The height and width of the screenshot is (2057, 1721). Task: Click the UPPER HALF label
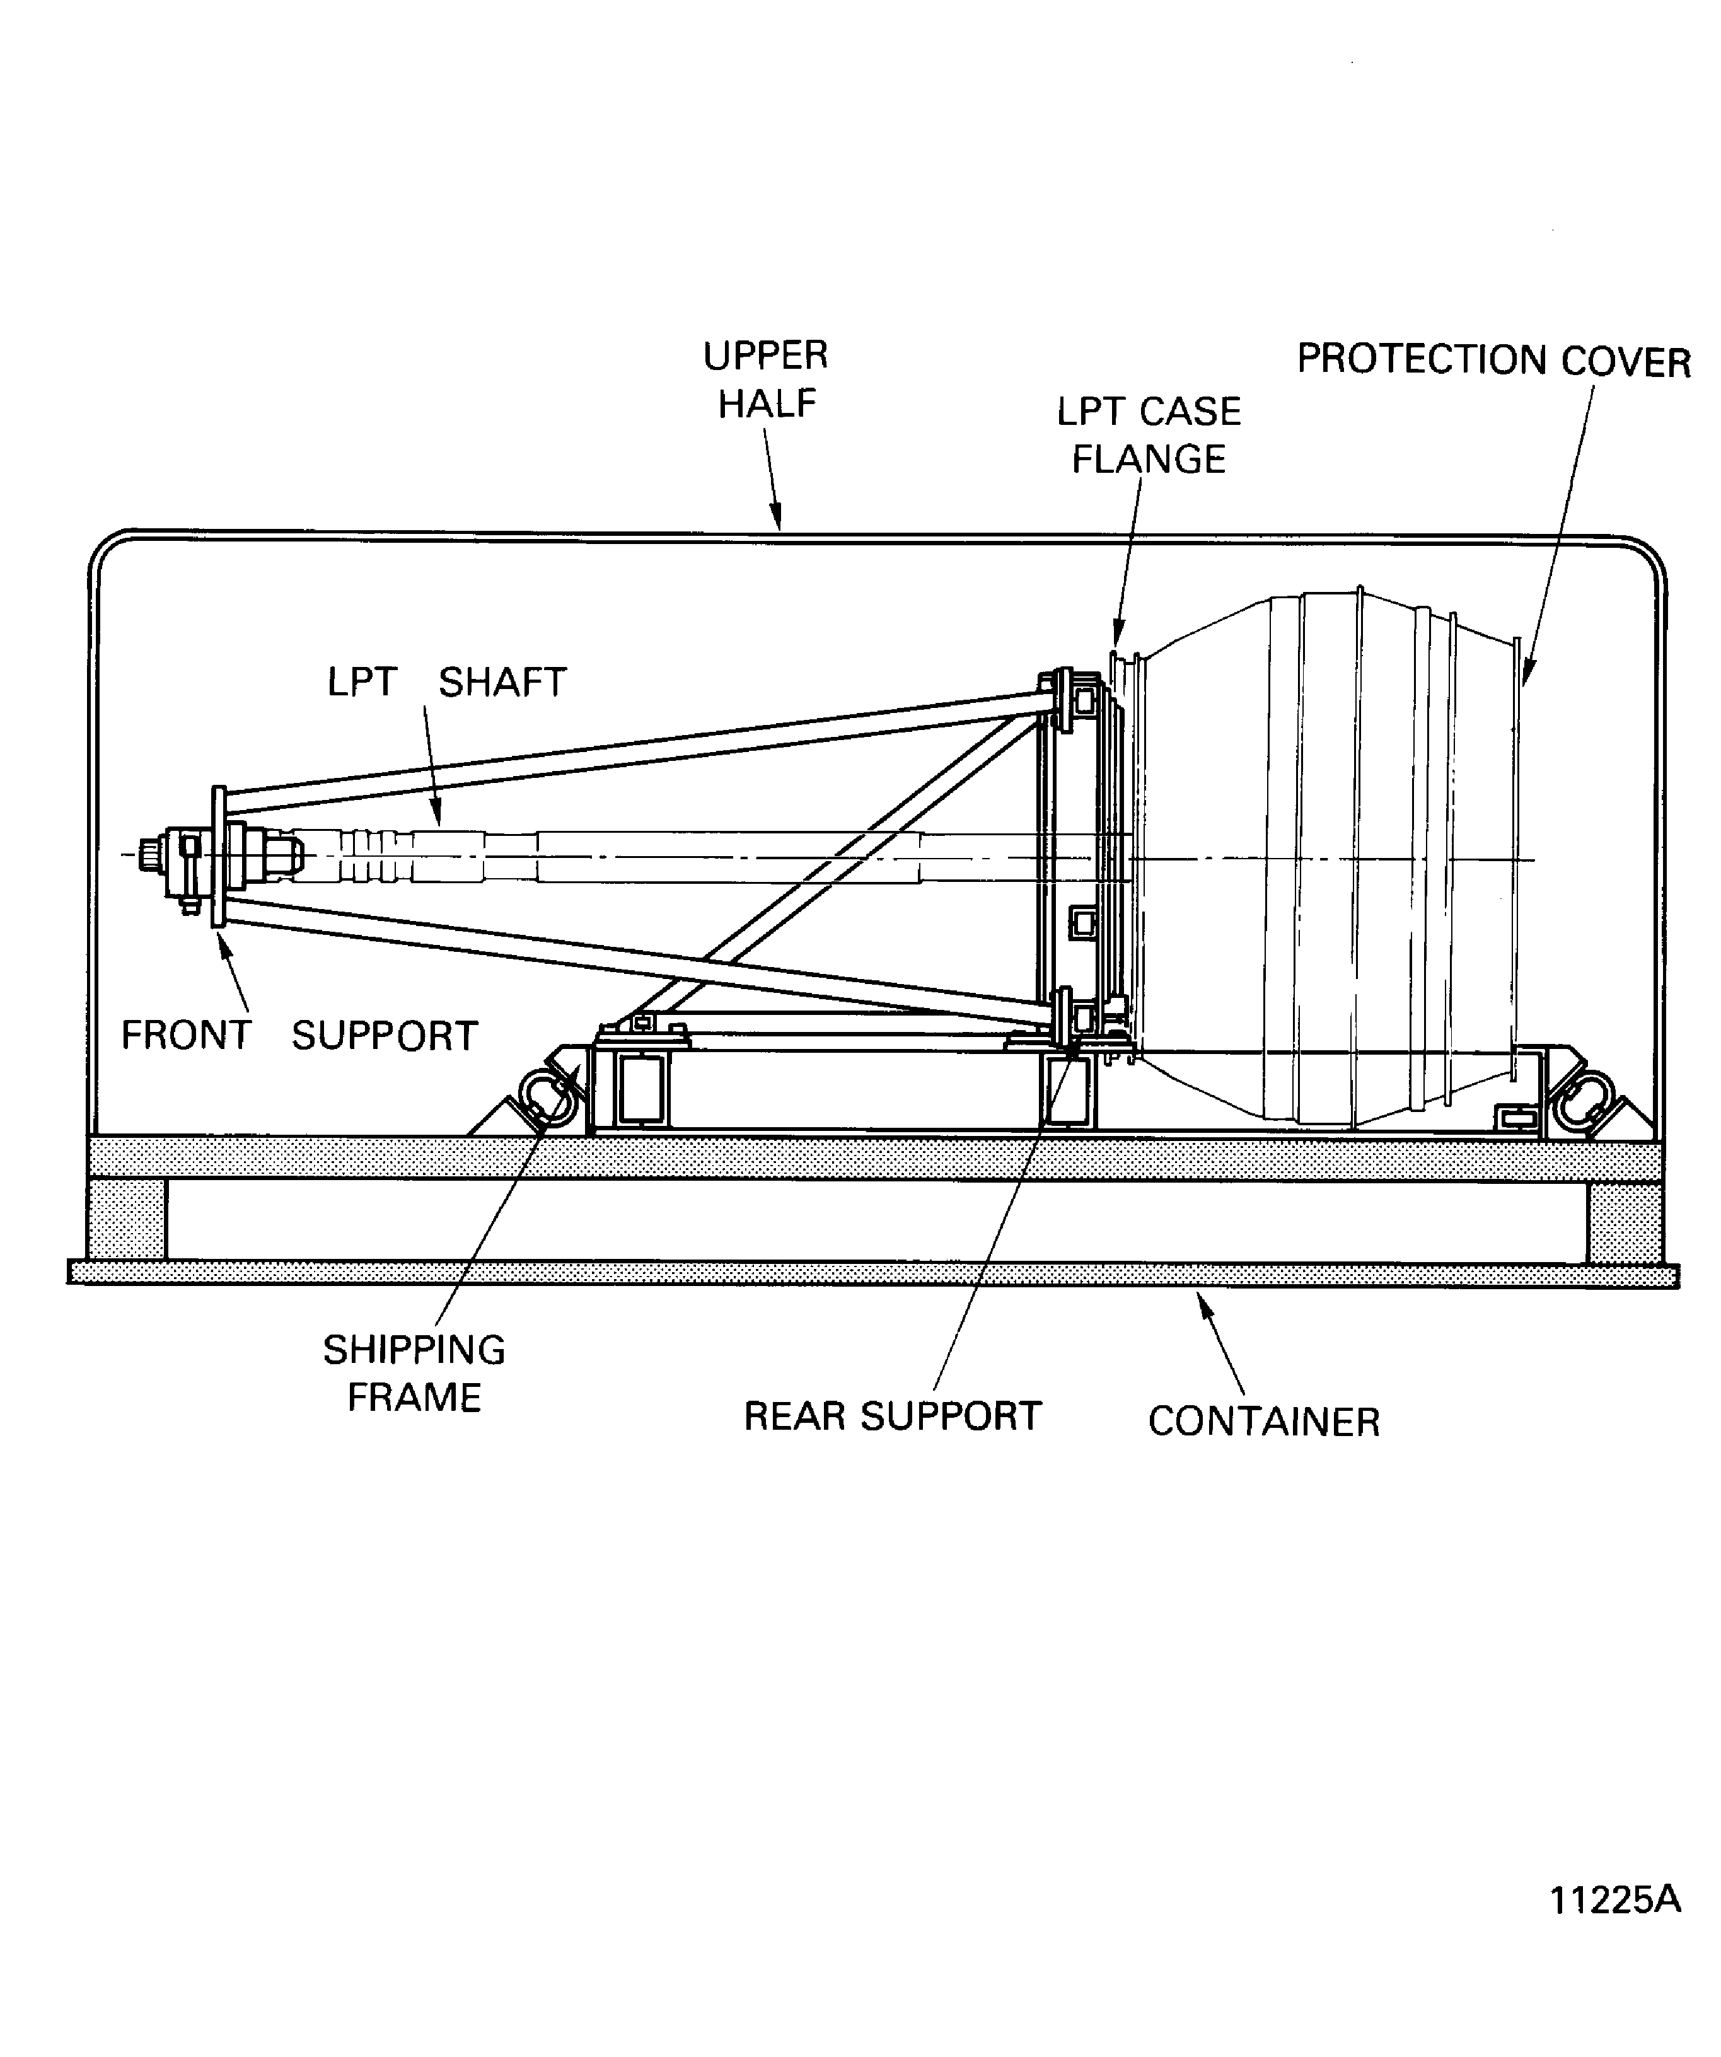(766, 379)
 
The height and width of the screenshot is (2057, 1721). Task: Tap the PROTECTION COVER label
(1494, 361)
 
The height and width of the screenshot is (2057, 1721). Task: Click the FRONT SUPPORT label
(299, 1035)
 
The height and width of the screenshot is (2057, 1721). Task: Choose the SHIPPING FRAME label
(414, 1373)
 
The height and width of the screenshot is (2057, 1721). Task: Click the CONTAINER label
(1263, 1422)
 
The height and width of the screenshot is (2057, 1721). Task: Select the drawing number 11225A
(1614, 1900)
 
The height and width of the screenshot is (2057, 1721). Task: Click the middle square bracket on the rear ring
(1082, 922)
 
